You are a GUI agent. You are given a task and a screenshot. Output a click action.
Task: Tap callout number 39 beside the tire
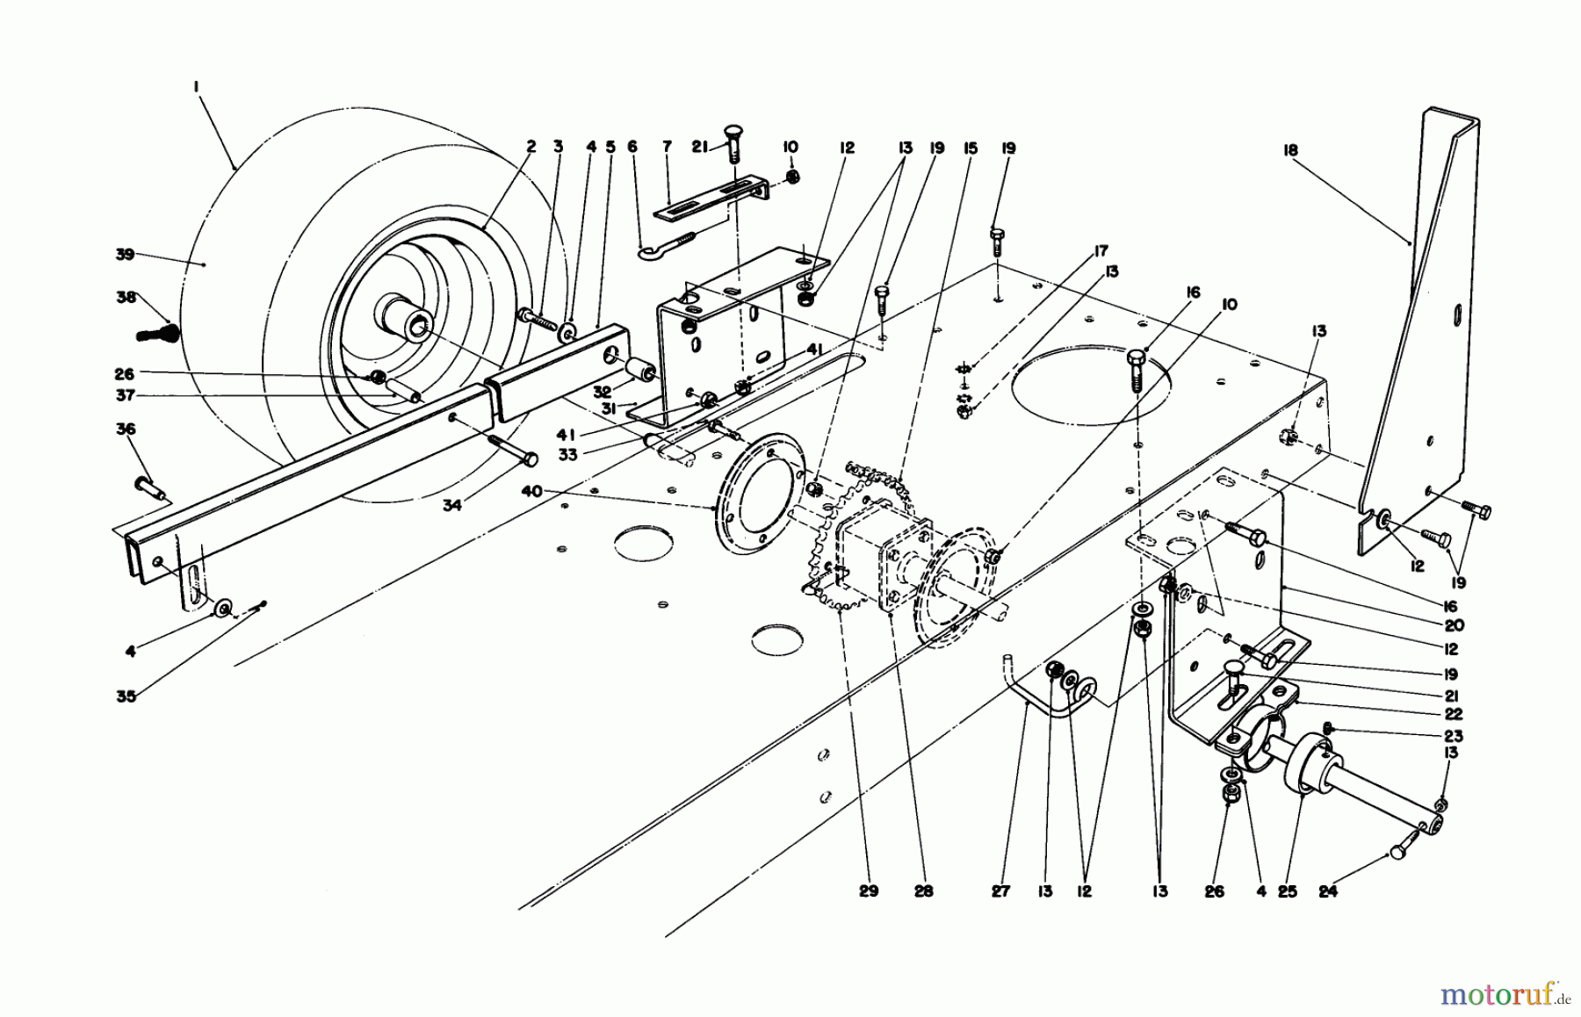click(124, 255)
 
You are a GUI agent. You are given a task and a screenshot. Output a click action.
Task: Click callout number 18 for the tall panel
click(1289, 151)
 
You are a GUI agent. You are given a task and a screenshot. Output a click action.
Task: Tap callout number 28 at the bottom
click(923, 891)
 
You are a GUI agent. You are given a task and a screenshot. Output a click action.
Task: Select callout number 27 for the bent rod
click(1002, 891)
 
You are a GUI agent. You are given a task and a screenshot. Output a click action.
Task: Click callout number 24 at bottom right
click(1327, 891)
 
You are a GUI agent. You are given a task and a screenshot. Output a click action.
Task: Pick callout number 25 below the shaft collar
click(1288, 891)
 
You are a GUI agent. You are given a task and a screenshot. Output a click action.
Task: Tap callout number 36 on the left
click(126, 429)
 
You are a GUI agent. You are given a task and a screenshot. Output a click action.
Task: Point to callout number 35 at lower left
click(126, 696)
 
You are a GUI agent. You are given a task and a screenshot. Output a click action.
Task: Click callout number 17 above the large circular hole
click(1101, 251)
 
